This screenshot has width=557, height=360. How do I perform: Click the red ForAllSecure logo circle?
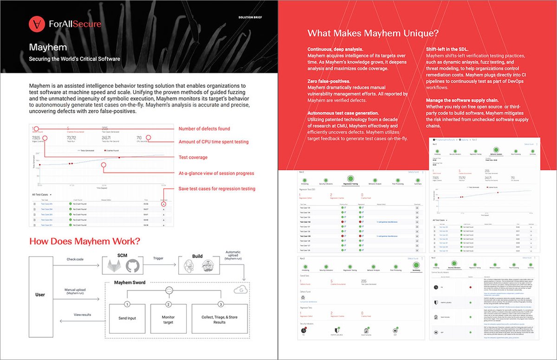(x=37, y=24)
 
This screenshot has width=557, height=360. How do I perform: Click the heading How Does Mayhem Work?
(x=84, y=241)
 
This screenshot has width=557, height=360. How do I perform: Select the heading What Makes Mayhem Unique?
(x=374, y=33)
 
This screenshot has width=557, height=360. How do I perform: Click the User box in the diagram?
(x=40, y=295)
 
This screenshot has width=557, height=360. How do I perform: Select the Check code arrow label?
(x=75, y=259)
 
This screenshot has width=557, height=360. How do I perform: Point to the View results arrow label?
(x=83, y=314)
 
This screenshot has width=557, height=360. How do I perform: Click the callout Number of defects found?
(x=204, y=129)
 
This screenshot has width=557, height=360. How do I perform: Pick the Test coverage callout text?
(x=193, y=157)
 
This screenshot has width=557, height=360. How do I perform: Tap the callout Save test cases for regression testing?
(x=217, y=188)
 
